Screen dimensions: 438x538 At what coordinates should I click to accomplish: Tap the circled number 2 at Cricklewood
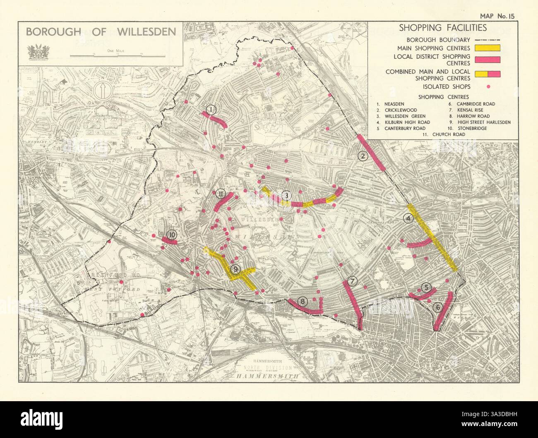coord(363,156)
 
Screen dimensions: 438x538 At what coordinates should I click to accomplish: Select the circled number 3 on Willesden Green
coord(286,196)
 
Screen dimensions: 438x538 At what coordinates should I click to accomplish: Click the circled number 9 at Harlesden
coord(235,270)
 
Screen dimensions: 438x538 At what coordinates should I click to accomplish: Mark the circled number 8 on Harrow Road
coord(303,302)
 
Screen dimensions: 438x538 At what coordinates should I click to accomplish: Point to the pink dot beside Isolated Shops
coord(488,87)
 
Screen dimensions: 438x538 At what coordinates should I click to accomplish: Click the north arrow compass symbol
coord(101,89)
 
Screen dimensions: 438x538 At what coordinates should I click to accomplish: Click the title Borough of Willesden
coord(101,32)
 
